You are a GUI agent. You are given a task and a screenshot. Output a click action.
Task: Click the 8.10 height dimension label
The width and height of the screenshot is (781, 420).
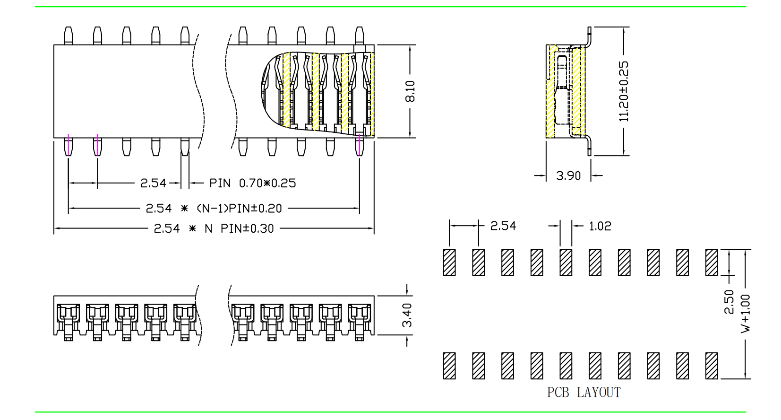(410, 91)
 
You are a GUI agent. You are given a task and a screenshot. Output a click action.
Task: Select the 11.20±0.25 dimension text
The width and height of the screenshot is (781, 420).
(624, 91)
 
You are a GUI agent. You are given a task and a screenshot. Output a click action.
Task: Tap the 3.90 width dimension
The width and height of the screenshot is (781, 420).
(568, 176)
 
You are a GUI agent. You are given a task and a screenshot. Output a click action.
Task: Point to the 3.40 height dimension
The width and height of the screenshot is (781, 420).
(407, 315)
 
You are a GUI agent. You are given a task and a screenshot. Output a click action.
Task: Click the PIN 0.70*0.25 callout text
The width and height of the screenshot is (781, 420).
(253, 183)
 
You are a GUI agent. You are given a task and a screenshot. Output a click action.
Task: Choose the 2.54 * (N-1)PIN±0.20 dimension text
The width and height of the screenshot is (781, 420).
(214, 209)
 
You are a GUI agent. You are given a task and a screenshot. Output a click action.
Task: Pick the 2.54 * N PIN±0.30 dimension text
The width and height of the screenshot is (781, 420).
(214, 229)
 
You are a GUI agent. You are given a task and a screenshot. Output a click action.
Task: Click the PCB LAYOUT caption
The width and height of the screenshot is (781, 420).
(584, 393)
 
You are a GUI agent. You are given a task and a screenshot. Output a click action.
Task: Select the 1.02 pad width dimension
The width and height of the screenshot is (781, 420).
(600, 226)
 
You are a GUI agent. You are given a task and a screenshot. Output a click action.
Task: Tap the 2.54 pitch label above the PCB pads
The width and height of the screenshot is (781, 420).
(503, 226)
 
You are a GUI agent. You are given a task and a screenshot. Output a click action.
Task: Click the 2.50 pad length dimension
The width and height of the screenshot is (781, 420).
(729, 302)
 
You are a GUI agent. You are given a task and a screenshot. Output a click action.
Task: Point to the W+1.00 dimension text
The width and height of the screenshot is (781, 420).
(745, 313)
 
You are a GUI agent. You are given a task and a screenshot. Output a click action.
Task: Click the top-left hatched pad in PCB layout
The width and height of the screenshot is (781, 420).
(449, 262)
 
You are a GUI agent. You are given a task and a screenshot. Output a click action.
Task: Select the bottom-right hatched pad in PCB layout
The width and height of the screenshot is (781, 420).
(712, 366)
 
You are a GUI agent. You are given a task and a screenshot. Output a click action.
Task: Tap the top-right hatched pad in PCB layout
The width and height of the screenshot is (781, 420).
(712, 262)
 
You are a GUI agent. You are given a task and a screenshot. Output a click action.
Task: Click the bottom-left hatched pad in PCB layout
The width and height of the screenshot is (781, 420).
(449, 366)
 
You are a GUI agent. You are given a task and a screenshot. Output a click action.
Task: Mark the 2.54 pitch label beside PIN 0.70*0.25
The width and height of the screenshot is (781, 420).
(153, 183)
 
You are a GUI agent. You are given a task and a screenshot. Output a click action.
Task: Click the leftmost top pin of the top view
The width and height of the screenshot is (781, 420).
(69, 35)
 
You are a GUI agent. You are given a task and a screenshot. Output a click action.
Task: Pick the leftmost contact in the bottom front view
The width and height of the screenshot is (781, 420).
(68, 322)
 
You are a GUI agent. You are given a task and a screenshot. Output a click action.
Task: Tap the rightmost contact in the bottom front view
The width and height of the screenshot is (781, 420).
(360, 322)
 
